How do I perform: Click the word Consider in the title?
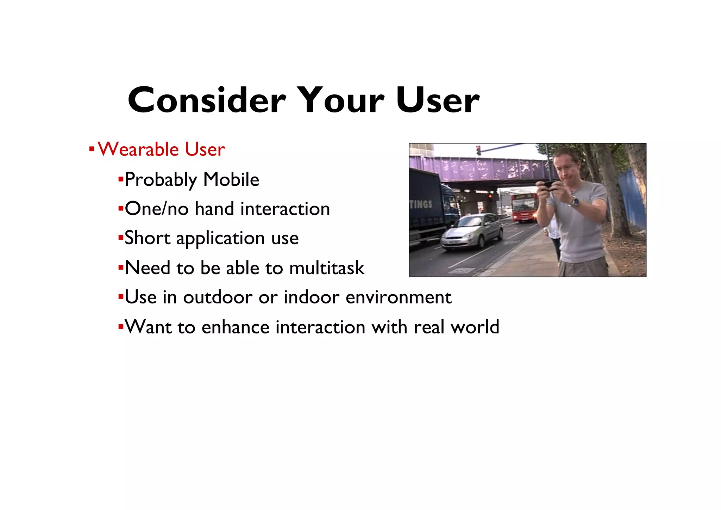pyautogui.click(x=207, y=100)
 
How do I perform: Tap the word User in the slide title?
pyautogui.click(x=438, y=100)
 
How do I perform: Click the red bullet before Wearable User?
pyautogui.click(x=92, y=149)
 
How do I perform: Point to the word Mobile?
pyautogui.click(x=231, y=180)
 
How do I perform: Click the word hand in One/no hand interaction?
pyautogui.click(x=214, y=209)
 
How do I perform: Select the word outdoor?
pyautogui.click(x=218, y=297)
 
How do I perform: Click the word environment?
pyautogui.click(x=399, y=297)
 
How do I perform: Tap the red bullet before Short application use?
pyautogui.click(x=120, y=238)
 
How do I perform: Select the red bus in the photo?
pyautogui.click(x=524, y=207)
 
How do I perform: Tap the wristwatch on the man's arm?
pyautogui.click(x=575, y=202)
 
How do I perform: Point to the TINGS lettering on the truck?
pyautogui.click(x=421, y=204)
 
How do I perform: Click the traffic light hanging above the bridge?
pyautogui.click(x=478, y=150)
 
